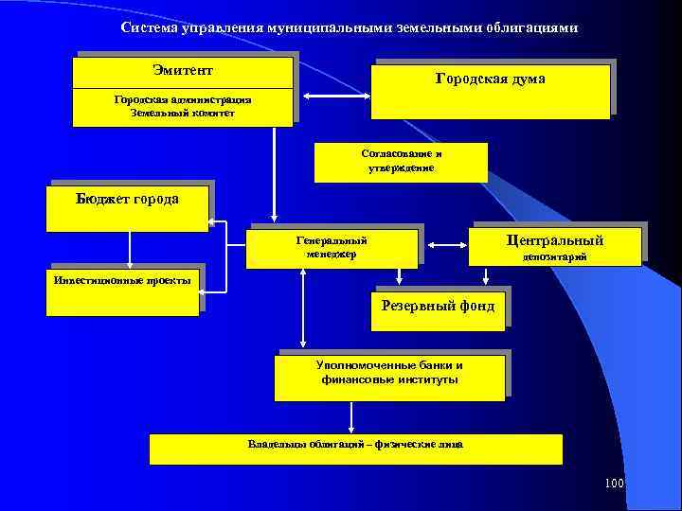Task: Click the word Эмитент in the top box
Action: point(183,71)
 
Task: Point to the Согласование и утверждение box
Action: point(401,162)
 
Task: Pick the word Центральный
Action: point(555,240)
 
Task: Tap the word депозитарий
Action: point(555,256)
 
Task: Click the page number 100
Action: point(614,485)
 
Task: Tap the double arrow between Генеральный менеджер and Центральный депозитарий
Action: point(445,248)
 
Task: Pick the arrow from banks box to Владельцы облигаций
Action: point(351,416)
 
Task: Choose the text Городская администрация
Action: point(183,98)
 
